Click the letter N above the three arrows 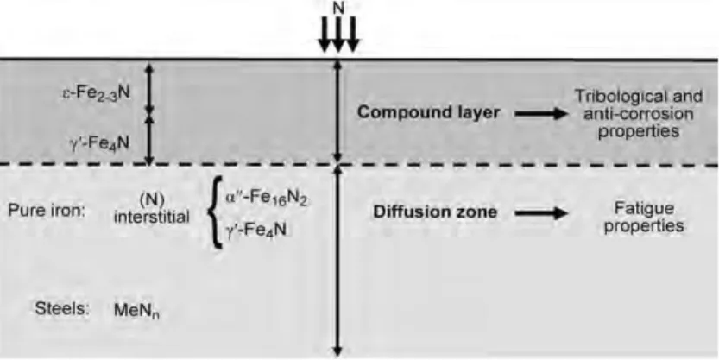(338, 7)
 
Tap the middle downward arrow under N (338, 35)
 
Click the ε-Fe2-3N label (97, 93)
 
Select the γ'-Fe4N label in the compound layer (99, 144)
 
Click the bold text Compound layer (428, 113)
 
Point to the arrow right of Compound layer (541, 113)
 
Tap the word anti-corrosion (639, 114)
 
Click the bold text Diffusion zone (435, 212)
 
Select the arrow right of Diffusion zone (541, 212)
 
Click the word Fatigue (644, 209)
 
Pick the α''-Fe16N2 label (266, 199)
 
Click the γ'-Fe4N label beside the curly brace (255, 230)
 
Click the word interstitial (151, 217)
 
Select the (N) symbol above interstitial (151, 200)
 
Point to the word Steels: (62, 309)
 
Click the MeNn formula (136, 311)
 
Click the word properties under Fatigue (644, 226)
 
